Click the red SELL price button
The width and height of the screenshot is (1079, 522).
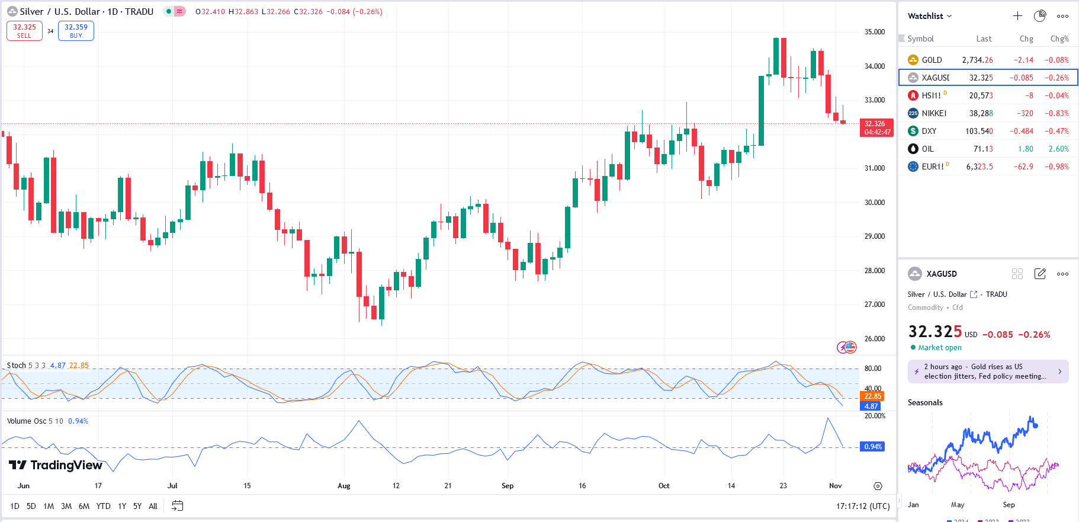24,31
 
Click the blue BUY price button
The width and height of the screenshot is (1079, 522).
76,31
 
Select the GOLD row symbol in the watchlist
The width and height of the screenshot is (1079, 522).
932,60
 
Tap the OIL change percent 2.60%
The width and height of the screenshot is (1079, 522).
1058,149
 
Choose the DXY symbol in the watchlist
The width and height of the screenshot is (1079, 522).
929,131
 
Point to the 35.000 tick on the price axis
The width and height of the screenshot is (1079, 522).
874,32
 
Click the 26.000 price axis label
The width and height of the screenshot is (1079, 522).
874,339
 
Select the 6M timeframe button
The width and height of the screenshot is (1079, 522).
84,506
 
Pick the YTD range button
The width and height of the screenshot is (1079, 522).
104,506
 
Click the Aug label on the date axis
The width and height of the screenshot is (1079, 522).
343,486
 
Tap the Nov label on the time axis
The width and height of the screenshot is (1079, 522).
835,486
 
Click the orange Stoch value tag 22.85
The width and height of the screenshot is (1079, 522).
872,396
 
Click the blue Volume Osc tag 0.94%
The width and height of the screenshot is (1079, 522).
872,447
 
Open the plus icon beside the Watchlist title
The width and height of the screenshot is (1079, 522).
1017,16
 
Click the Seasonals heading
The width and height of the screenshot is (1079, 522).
925,402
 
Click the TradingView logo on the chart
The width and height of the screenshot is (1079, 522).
56,465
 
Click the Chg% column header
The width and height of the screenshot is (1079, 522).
1059,39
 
